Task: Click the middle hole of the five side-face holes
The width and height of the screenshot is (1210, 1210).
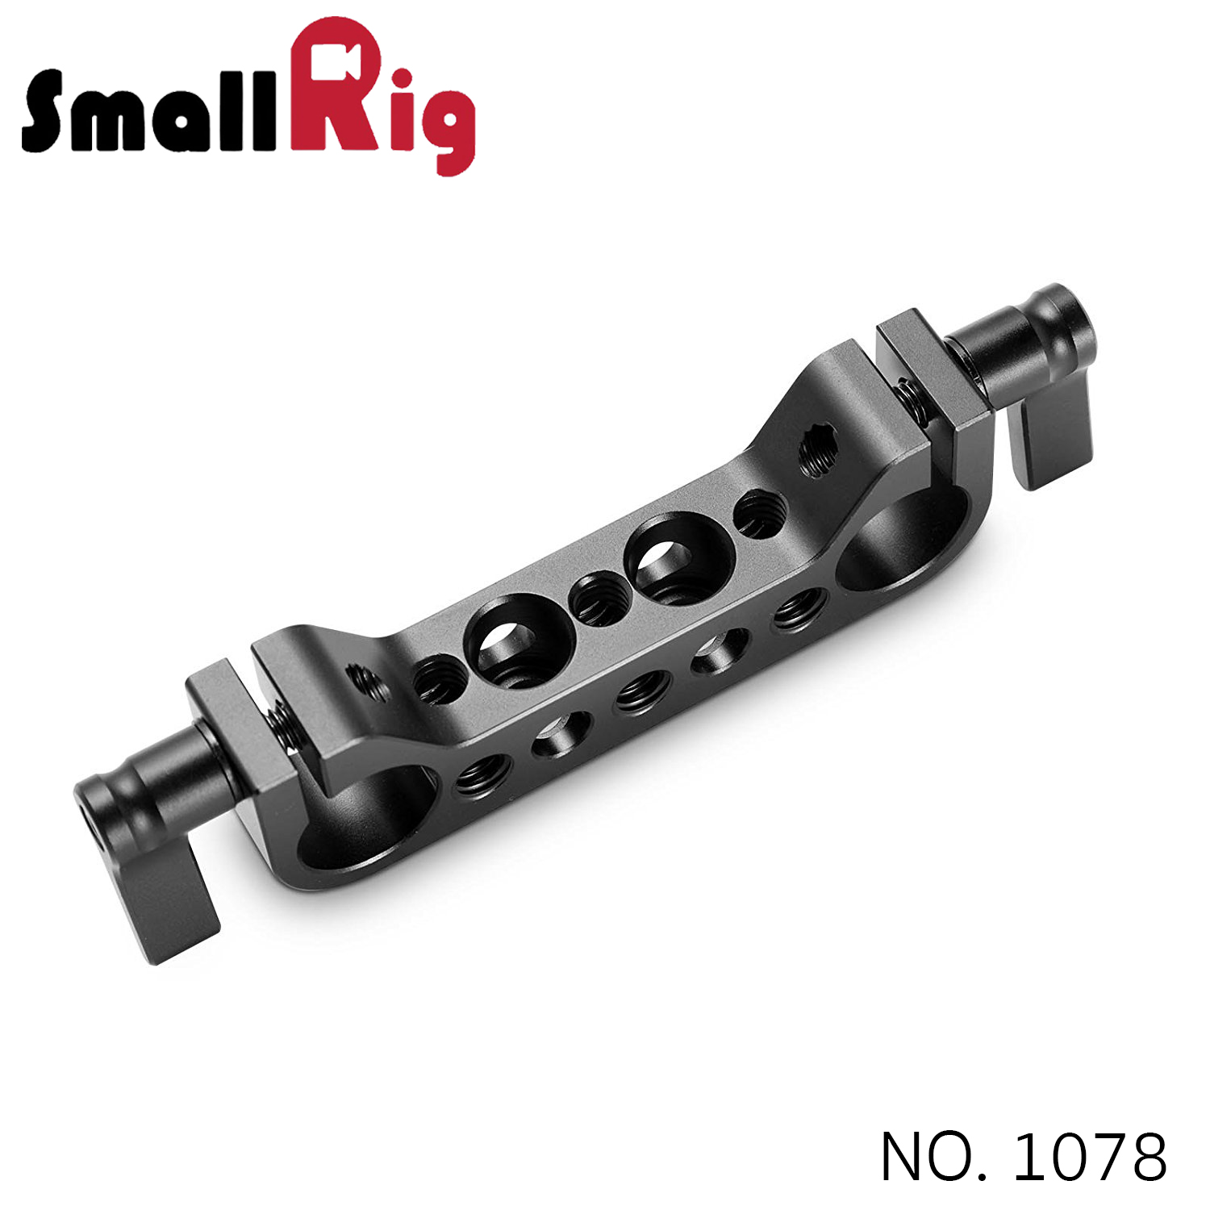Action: pyautogui.click(x=642, y=691)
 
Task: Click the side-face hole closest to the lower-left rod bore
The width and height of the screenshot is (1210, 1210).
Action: pyautogui.click(x=482, y=779)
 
